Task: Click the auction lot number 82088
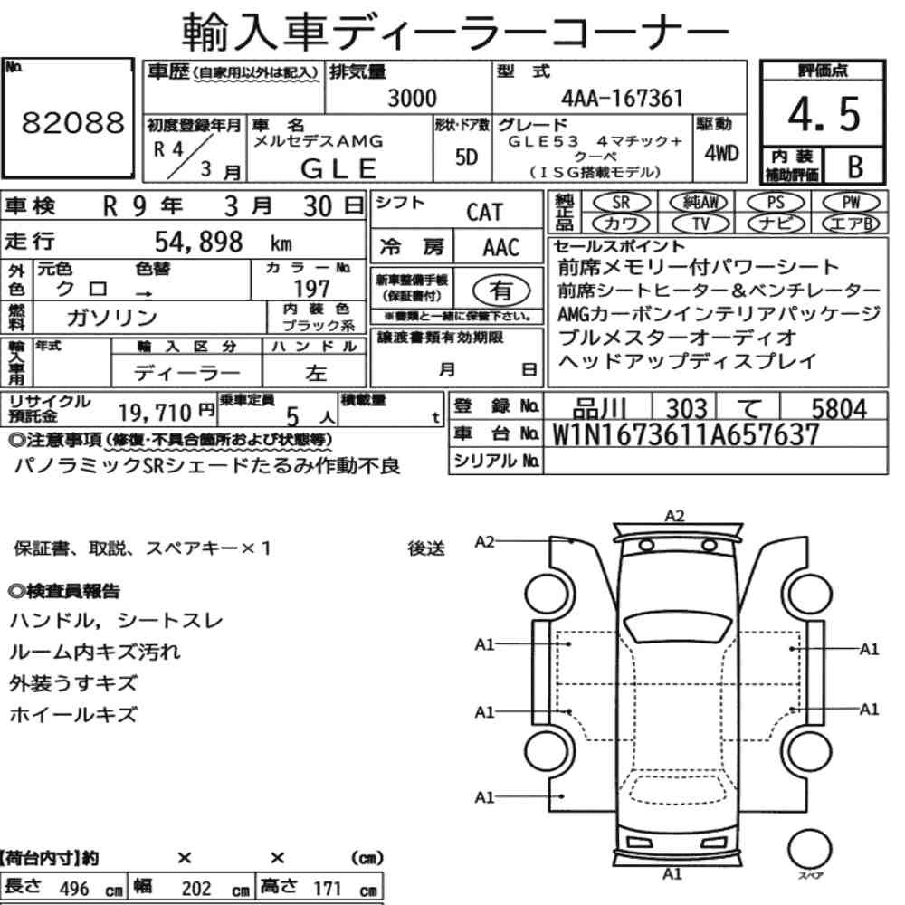(x=72, y=122)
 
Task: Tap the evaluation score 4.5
(x=824, y=114)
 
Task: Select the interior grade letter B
(x=855, y=167)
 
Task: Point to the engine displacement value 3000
(x=412, y=98)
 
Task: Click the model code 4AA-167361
(x=622, y=98)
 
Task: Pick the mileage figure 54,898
(x=198, y=242)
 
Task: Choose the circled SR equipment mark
(x=621, y=203)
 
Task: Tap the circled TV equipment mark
(x=700, y=224)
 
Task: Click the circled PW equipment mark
(x=851, y=203)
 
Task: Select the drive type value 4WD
(x=721, y=153)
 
